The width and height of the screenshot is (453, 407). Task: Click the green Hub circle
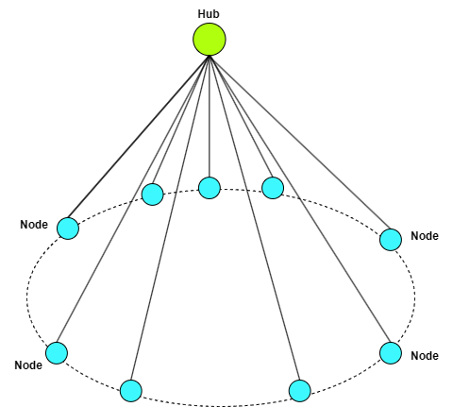pyautogui.click(x=210, y=40)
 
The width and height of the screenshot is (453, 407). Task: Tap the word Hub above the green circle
pyautogui.click(x=209, y=14)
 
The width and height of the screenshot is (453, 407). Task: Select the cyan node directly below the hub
pyautogui.click(x=210, y=188)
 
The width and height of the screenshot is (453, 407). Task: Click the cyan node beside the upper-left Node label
pyautogui.click(x=68, y=229)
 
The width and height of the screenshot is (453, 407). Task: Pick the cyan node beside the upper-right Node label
pyautogui.click(x=391, y=240)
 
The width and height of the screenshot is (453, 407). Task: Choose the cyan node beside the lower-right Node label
pyautogui.click(x=391, y=353)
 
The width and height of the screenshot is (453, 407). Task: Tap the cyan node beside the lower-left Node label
pyautogui.click(x=57, y=353)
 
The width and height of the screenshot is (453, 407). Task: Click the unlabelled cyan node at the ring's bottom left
pyautogui.click(x=131, y=391)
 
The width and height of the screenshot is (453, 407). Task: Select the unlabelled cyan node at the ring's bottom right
pyautogui.click(x=300, y=391)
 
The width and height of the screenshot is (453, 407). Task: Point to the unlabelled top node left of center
pyautogui.click(x=153, y=195)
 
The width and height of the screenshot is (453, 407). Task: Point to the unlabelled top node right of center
pyautogui.click(x=273, y=188)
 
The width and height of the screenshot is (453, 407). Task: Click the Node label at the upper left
pyautogui.click(x=34, y=225)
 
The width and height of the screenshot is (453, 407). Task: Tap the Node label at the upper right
pyautogui.click(x=425, y=236)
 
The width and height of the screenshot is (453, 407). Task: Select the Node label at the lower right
pyautogui.click(x=425, y=356)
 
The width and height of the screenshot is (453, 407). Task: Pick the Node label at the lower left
pyautogui.click(x=28, y=365)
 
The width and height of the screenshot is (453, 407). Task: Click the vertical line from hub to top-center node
pyautogui.click(x=210, y=116)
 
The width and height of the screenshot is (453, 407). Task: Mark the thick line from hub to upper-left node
pyautogui.click(x=139, y=137)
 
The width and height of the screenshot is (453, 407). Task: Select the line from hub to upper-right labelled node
pyautogui.click(x=300, y=143)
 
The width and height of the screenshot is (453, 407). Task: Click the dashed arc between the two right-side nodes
pyautogui.click(x=414, y=296)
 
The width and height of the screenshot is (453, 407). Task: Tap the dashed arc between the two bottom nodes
pyautogui.click(x=215, y=406)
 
